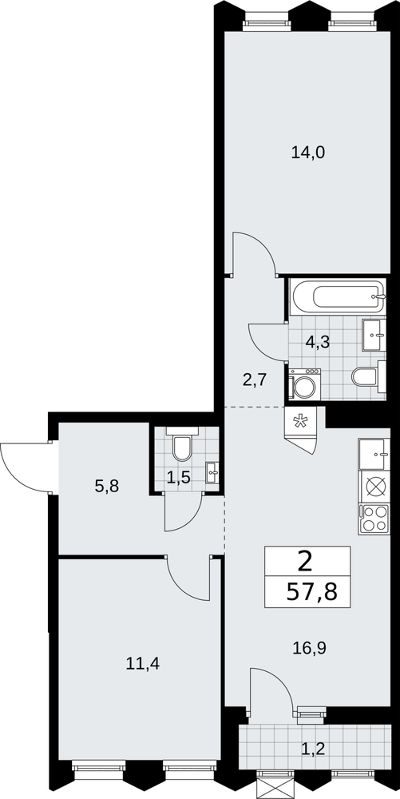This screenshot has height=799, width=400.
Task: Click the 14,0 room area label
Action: (x=308, y=153)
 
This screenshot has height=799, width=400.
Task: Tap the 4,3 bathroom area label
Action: (x=318, y=342)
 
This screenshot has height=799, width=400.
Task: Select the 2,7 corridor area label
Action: (x=255, y=380)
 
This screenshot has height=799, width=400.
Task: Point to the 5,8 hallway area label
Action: (x=107, y=487)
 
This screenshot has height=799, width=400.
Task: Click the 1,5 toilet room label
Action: (x=179, y=478)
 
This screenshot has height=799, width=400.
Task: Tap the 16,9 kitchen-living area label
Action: (x=310, y=648)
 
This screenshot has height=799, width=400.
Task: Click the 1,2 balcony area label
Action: (x=312, y=749)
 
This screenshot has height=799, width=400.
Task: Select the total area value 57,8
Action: (x=312, y=592)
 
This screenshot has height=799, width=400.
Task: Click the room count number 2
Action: (x=305, y=562)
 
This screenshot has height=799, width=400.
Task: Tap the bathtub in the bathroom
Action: (x=338, y=296)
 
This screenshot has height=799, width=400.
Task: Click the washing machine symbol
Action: (x=304, y=384)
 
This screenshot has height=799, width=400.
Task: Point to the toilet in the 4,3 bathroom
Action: (x=369, y=376)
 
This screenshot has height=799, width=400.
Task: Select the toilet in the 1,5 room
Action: (x=182, y=443)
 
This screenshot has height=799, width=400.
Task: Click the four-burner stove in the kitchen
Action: (x=374, y=519)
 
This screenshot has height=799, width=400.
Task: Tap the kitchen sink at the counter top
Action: (x=374, y=454)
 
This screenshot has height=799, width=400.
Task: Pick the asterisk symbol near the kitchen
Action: (x=299, y=422)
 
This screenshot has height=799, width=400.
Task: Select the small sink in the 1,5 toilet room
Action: (x=212, y=472)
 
